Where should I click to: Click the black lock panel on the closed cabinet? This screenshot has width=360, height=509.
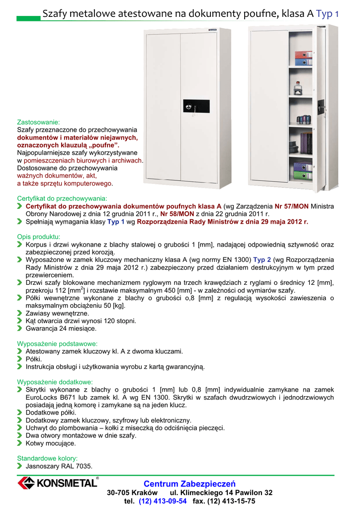tap(196, 106)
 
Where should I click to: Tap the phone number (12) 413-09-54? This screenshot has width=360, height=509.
tap(163, 501)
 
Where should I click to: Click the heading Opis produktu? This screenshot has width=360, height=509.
tap(39, 237)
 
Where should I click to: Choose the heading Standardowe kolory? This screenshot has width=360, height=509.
tap(47, 458)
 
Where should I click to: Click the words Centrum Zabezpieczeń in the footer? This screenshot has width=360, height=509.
tap(189, 484)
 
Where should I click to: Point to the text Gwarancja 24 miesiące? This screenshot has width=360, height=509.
tap(61, 329)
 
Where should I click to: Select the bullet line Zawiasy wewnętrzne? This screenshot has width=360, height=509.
tap(57, 314)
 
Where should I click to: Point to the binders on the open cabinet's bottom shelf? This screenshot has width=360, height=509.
tap(302, 170)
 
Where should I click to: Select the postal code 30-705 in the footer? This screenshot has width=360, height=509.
tap(118, 493)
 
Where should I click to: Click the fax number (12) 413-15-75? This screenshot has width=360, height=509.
tap(231, 501)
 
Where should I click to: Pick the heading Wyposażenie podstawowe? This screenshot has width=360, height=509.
tap(57, 343)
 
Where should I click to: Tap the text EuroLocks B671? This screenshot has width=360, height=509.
tap(54, 398)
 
